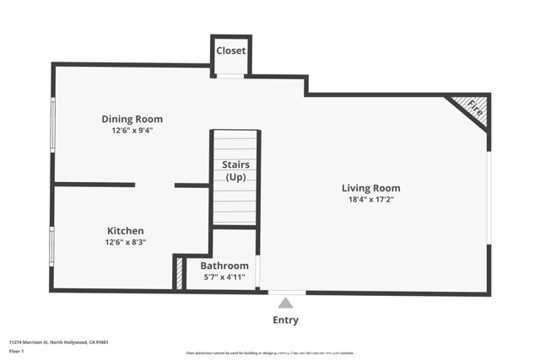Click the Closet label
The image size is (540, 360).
click(x=230, y=51)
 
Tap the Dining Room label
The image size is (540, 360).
click(x=132, y=119)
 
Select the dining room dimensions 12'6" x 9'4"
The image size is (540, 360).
click(x=132, y=131)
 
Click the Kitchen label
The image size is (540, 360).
click(x=125, y=230)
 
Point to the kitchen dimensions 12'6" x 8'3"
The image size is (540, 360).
click(x=125, y=242)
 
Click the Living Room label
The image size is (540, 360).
click(x=370, y=188)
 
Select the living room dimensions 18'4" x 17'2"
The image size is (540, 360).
click(x=370, y=200)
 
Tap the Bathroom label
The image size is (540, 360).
click(x=224, y=265)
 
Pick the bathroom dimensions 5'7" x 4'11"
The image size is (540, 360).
click(x=224, y=277)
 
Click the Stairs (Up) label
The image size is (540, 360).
click(x=235, y=170)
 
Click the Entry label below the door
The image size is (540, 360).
click(x=285, y=320)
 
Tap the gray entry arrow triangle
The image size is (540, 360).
click(x=286, y=303)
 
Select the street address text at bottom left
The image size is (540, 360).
click(x=58, y=342)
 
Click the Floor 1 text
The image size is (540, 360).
click(x=16, y=351)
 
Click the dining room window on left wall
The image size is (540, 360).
click(x=53, y=125)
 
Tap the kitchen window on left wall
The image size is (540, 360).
click(x=52, y=246)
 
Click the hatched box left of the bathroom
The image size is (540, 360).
click(x=179, y=273)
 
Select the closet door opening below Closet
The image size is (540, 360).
click(x=230, y=77)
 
